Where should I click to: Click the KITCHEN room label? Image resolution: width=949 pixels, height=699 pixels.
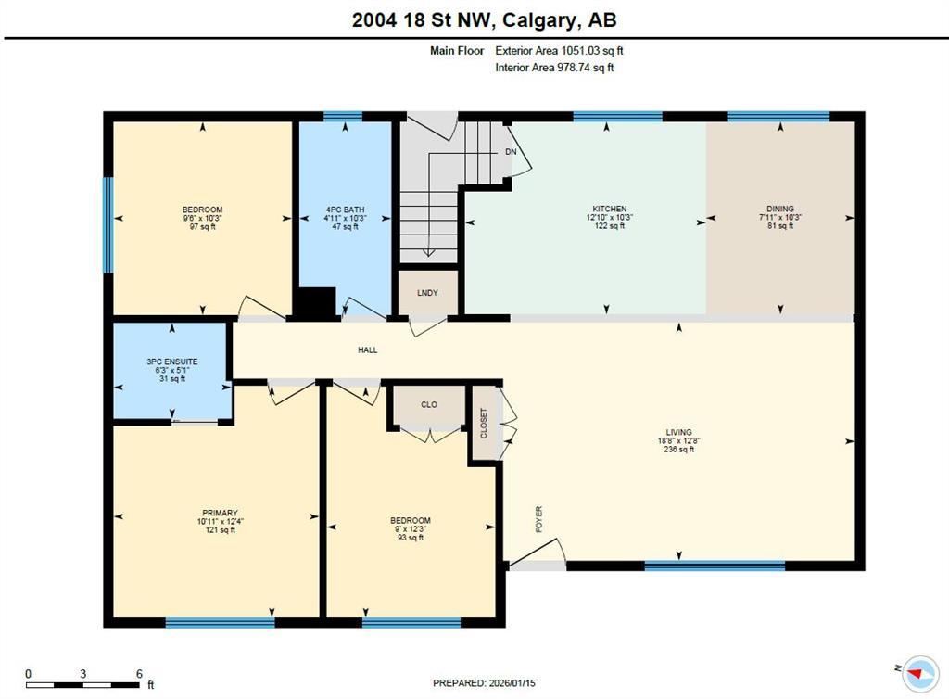pos(610,209)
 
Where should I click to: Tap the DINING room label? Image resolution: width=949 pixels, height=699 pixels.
pos(779,209)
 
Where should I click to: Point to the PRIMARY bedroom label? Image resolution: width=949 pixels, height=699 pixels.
pos(220,513)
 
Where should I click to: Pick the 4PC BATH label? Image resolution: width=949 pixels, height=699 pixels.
pos(346,210)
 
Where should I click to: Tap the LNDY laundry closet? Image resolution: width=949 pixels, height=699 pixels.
pos(427,293)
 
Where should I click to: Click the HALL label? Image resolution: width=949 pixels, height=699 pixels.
pos(368,349)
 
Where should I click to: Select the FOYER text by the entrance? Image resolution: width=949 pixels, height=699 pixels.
pos(538,519)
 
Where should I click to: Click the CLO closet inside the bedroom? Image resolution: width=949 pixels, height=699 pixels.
pos(428,405)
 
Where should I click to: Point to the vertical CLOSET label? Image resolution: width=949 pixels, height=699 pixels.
pos(484,424)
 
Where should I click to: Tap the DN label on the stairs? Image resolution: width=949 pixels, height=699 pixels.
pos(510,151)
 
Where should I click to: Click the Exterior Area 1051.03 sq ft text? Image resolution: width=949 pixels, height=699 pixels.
pos(565,51)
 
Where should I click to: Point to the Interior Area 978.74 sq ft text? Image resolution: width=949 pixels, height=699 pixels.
pos(554,67)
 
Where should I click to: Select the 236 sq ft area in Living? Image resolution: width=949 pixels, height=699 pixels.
pos(678,450)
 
